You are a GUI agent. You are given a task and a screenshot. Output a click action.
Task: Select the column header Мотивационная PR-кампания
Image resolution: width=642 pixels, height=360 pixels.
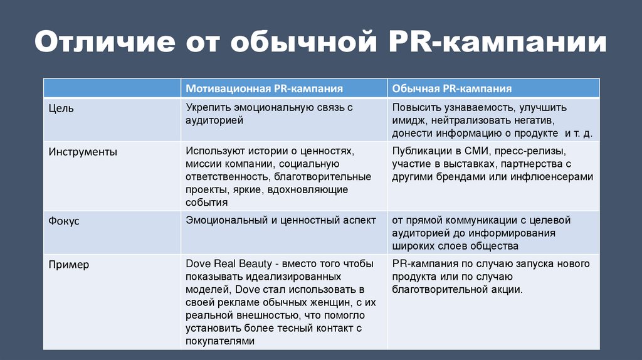264,89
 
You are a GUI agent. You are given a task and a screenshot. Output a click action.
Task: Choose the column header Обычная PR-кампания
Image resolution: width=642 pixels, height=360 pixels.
452,89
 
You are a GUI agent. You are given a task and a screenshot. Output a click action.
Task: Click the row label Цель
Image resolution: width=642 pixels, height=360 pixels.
61,109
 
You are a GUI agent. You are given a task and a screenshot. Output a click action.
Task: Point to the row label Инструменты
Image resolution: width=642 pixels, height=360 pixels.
83,152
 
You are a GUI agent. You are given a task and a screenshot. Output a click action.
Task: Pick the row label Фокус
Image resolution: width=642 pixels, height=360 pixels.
64,221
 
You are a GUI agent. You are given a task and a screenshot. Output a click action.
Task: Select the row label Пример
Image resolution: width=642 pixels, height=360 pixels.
69,265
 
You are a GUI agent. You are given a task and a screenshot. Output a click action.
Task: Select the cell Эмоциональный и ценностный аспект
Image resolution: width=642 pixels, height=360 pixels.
280,220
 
